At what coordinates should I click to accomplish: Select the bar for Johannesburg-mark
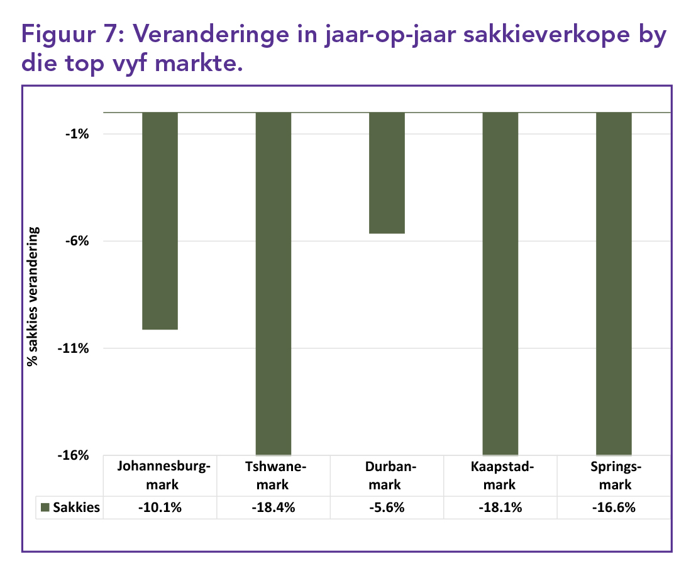coord(160,220)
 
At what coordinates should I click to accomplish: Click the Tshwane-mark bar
coord(273,283)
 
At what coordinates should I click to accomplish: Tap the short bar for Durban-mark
coord(386,173)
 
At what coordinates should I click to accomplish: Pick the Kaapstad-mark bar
coord(500,283)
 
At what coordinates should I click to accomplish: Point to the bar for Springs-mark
coord(613,283)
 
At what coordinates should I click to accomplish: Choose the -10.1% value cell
coord(160,508)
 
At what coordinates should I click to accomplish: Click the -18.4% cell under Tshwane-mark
coord(273,508)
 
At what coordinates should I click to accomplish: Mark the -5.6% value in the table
coord(386,508)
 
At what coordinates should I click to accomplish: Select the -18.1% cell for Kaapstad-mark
coord(500,508)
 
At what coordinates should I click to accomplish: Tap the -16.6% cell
coord(613,508)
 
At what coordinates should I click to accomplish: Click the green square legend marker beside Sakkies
coord(45,508)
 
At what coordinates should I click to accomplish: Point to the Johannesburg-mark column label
coord(160,475)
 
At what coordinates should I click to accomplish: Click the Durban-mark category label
coord(386,475)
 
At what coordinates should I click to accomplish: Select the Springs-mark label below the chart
coord(613,475)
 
